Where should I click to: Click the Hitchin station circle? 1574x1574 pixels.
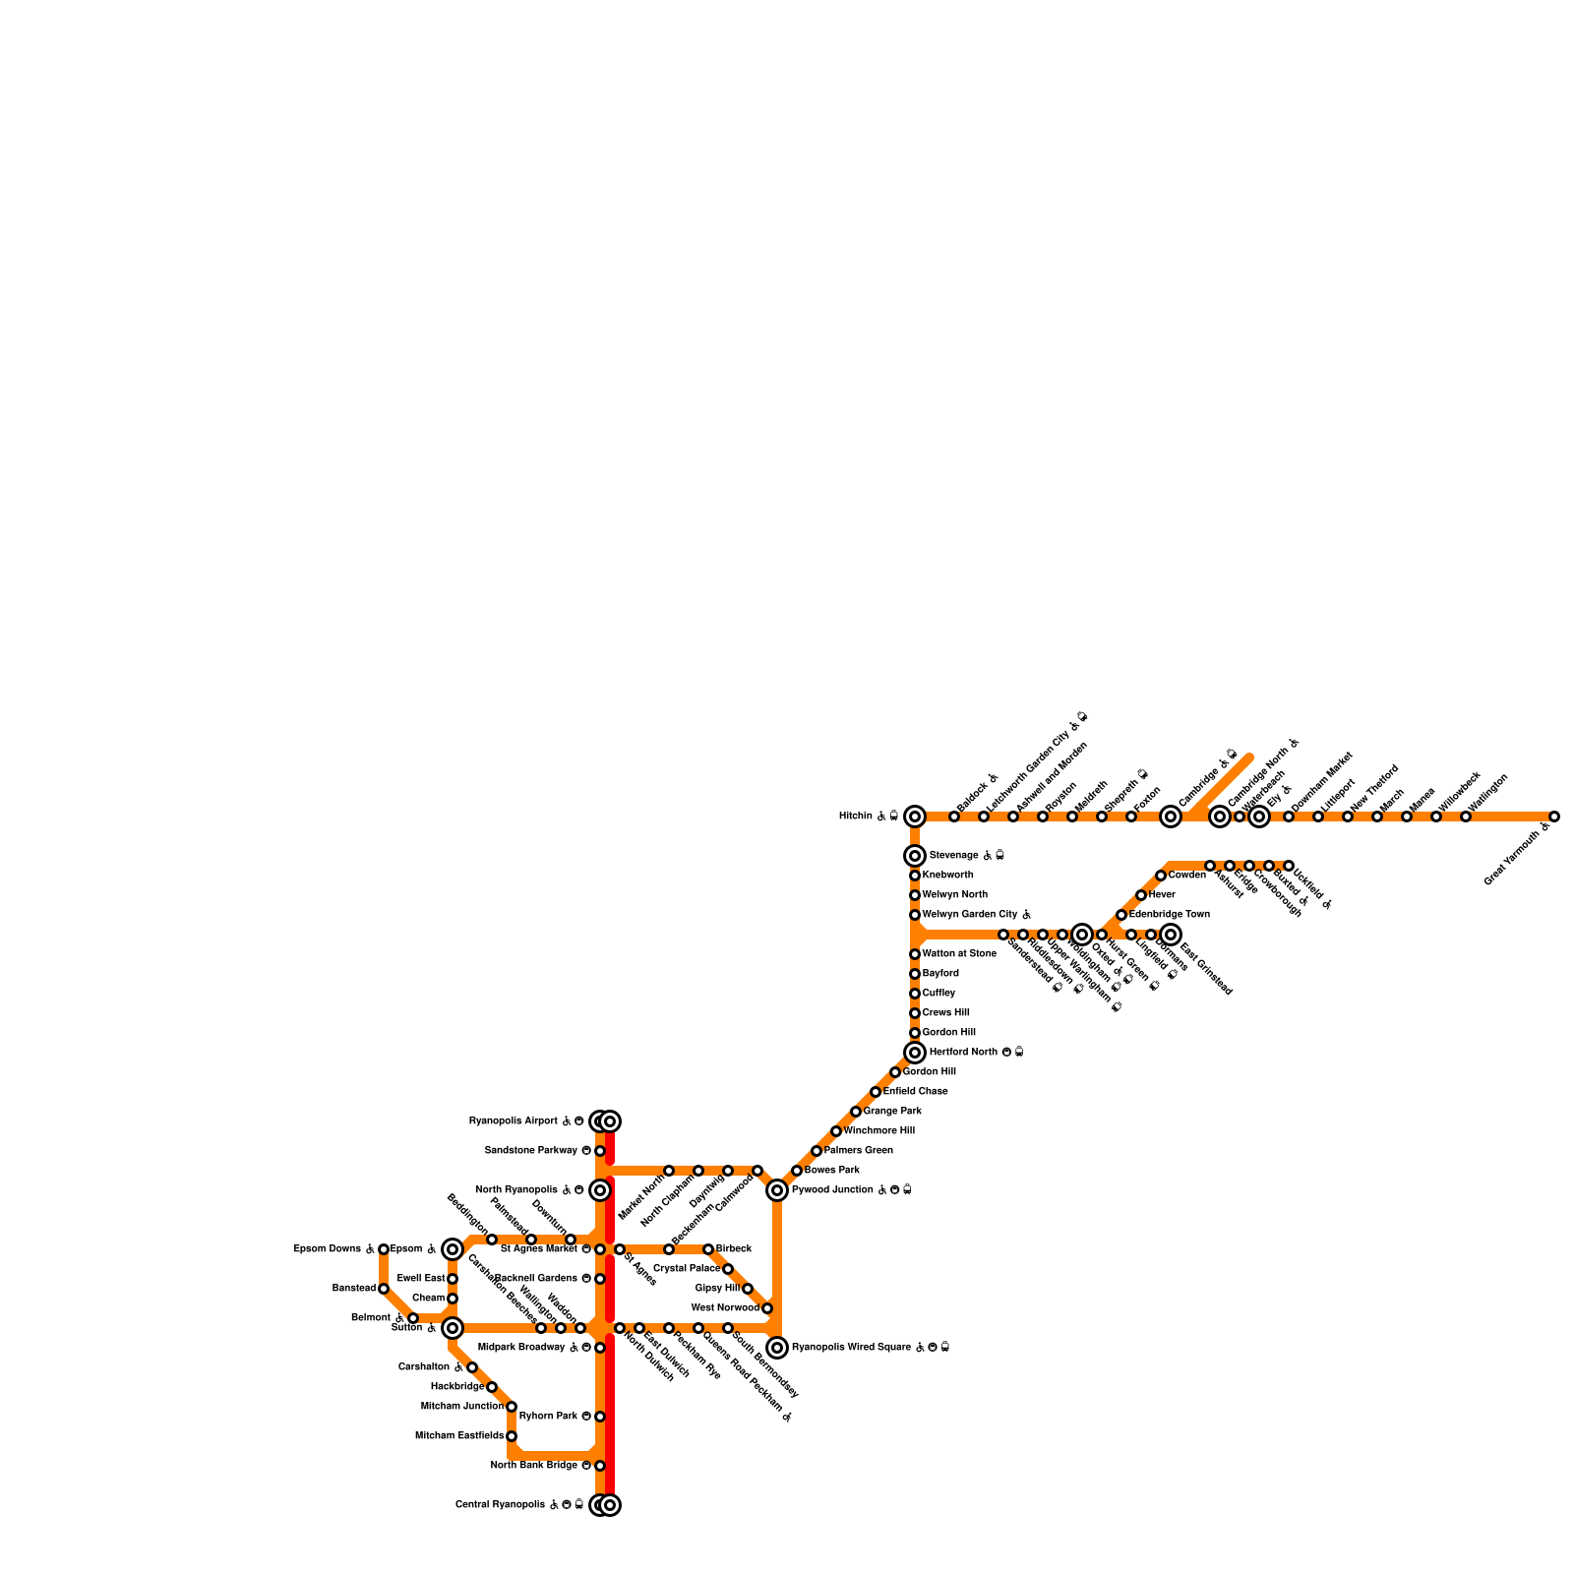point(915,817)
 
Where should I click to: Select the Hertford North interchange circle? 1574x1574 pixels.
point(915,1053)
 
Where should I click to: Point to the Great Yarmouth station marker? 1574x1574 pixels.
point(1554,817)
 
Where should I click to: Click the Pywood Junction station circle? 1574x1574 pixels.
point(777,1190)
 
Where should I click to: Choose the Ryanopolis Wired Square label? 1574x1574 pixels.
point(854,1348)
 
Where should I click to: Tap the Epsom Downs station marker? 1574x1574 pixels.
point(384,1249)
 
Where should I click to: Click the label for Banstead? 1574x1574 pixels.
point(354,1289)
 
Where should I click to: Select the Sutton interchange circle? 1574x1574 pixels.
point(453,1328)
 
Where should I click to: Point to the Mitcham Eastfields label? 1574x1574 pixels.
point(459,1436)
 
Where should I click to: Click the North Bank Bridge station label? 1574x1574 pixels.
point(534,1466)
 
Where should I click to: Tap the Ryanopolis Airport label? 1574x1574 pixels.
point(514,1121)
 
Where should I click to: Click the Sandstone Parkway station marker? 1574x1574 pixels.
point(600,1151)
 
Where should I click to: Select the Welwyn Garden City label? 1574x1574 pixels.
point(970,915)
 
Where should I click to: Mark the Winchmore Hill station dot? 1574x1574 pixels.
point(836,1131)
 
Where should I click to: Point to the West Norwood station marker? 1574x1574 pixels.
point(767,1308)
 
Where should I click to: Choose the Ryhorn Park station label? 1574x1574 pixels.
point(548,1417)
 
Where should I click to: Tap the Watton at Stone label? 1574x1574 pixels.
point(959,954)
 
